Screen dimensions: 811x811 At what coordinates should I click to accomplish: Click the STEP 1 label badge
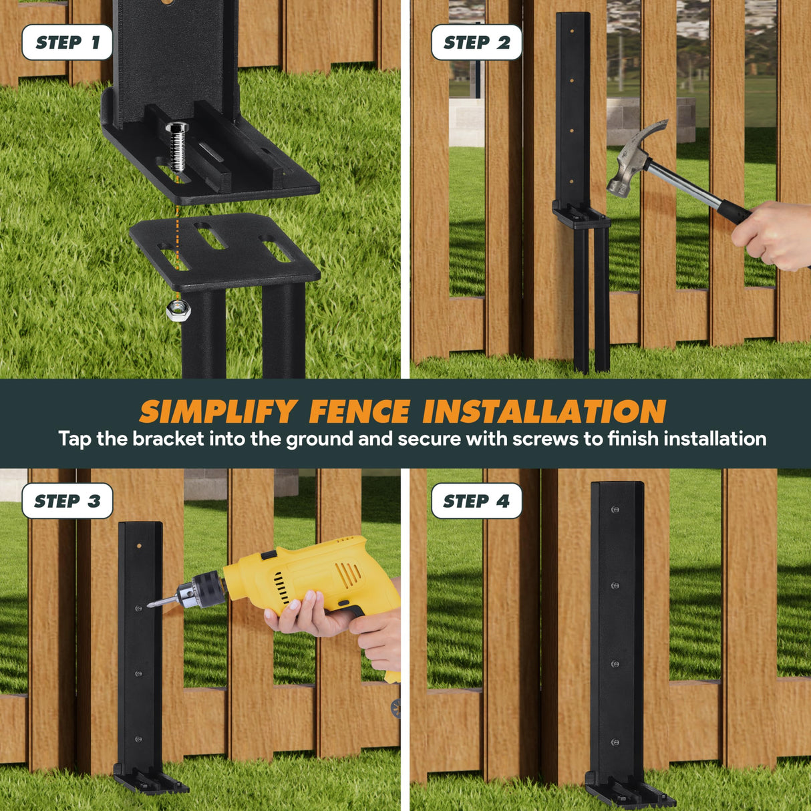[x=67, y=43]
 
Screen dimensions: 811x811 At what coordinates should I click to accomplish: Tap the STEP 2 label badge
[x=476, y=43]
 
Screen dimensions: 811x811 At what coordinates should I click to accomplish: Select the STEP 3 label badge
[x=67, y=501]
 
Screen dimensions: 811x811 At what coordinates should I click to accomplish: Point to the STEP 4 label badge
[x=476, y=501]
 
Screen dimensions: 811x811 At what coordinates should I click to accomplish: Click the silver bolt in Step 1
[x=178, y=148]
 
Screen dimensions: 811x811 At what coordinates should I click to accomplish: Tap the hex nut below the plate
[x=178, y=309]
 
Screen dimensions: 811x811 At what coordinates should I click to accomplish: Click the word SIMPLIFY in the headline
[x=218, y=412]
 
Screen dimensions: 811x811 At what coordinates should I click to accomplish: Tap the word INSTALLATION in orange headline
[x=544, y=412]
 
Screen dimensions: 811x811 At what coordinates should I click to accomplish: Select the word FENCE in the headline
[x=359, y=412]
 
